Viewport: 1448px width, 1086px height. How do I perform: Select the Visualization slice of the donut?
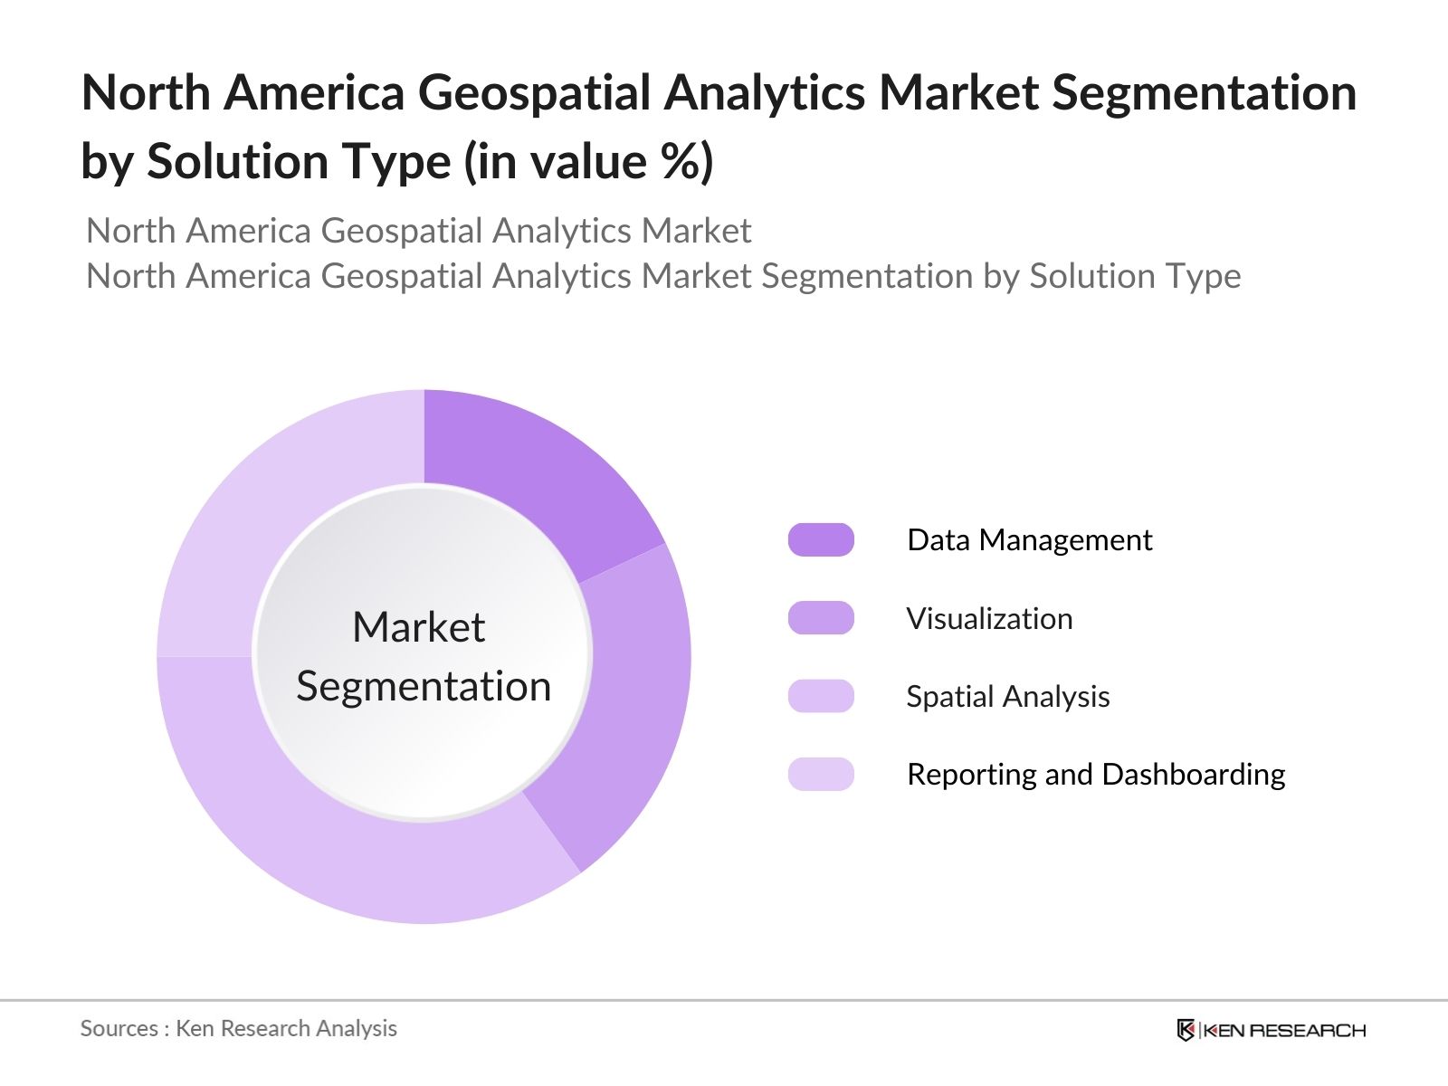click(633, 706)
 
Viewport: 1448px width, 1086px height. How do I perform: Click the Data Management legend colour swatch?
click(821, 540)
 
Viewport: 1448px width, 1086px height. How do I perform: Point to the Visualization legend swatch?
click(821, 618)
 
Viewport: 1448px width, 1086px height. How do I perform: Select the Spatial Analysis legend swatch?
click(821, 696)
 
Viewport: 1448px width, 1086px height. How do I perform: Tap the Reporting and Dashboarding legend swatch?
click(821, 775)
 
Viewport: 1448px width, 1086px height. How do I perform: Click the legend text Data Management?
click(1029, 540)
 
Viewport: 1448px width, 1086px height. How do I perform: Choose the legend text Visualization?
click(989, 619)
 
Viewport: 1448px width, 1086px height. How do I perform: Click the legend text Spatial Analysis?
click(1007, 697)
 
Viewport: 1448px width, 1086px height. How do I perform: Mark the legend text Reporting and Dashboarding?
click(1096, 775)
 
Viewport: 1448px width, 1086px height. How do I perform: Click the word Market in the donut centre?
click(418, 627)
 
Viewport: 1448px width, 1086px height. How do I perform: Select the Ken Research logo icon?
click(1186, 1030)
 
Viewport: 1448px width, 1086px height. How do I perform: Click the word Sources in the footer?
click(119, 1029)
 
